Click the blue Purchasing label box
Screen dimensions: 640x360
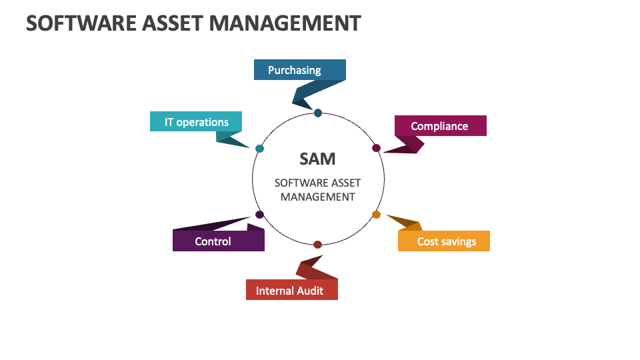click(x=299, y=70)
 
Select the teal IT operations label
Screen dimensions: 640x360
click(x=196, y=121)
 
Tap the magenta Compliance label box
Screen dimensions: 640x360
click(x=441, y=126)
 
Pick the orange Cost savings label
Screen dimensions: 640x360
click(x=444, y=241)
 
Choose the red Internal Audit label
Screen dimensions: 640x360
click(x=292, y=290)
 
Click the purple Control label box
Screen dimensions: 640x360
click(x=219, y=241)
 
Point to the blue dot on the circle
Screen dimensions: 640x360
click(x=318, y=113)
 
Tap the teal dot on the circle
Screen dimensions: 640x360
click(x=259, y=149)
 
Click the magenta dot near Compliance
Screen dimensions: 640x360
click(x=376, y=148)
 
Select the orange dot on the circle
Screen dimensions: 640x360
click(x=376, y=215)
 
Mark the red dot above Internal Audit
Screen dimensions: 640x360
click(x=317, y=245)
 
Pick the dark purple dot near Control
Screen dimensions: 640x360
click(x=259, y=215)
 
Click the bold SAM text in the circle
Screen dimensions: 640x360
click(x=317, y=159)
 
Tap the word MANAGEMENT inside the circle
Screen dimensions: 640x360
click(x=317, y=197)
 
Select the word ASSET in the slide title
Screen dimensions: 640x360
click(x=173, y=23)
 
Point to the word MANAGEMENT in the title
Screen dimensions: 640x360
click(x=285, y=23)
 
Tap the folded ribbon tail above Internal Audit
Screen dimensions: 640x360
click(x=315, y=267)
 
